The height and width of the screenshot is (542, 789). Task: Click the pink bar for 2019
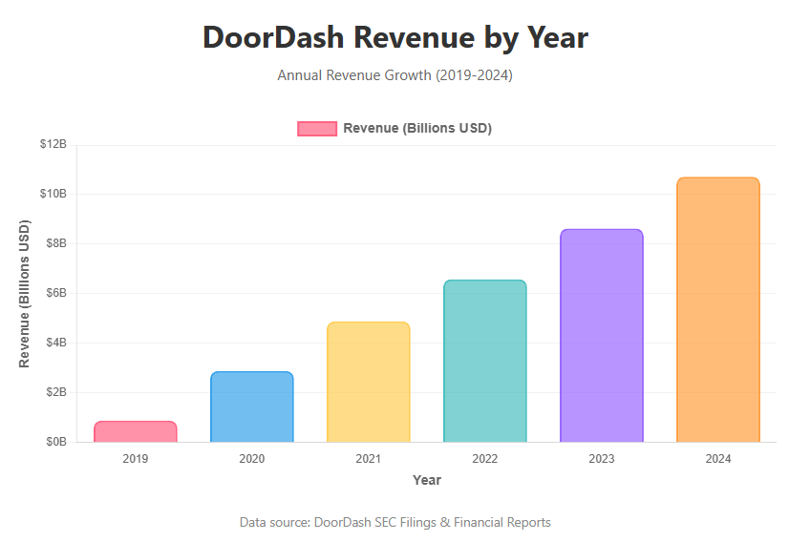(x=135, y=431)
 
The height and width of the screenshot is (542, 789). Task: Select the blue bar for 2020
(x=251, y=406)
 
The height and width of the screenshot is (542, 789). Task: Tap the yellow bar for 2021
(x=368, y=382)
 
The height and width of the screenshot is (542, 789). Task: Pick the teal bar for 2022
(x=484, y=361)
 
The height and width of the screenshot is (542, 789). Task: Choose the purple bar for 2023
(x=601, y=336)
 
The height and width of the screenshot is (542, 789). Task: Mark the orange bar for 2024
(x=717, y=310)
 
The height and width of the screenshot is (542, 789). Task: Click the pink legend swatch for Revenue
(x=317, y=129)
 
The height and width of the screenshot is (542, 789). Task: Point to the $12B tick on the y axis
(x=53, y=144)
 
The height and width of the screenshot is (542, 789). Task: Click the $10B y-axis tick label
(x=53, y=194)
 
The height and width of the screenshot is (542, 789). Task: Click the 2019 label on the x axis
(x=135, y=459)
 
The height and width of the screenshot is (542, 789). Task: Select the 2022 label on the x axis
(x=484, y=459)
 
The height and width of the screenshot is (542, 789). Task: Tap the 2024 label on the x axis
(x=717, y=459)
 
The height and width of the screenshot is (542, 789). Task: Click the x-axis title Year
(x=427, y=480)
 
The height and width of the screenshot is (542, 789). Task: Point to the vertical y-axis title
(x=25, y=294)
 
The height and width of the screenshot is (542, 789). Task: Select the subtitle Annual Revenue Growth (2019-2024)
(x=394, y=75)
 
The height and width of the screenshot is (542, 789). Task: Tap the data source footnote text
(x=394, y=522)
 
